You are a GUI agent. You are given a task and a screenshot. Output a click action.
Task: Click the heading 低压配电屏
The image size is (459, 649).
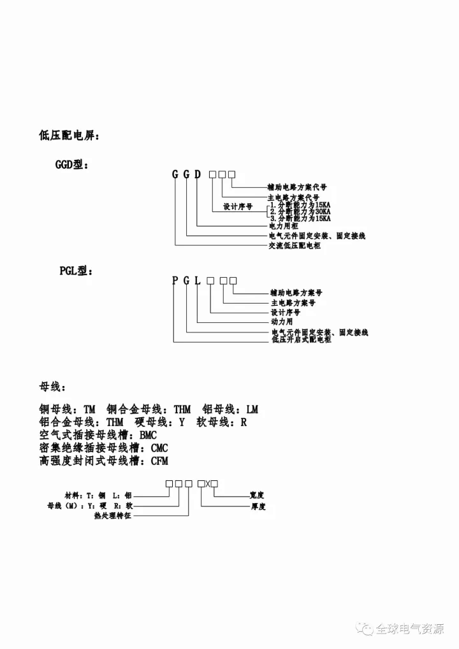69,136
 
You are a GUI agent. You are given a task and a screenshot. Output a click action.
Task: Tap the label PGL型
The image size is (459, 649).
75,271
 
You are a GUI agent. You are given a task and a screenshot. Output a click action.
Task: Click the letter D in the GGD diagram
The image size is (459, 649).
198,175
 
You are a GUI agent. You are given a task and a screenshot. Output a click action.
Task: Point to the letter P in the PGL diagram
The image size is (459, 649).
174,281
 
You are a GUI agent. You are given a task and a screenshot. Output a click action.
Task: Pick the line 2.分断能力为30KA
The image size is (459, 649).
300,211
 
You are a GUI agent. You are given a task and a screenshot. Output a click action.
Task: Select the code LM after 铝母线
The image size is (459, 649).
252,410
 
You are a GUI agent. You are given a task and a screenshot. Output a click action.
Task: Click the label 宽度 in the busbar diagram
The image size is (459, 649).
257,494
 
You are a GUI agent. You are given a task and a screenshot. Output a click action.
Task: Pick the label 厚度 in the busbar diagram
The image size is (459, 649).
257,507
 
